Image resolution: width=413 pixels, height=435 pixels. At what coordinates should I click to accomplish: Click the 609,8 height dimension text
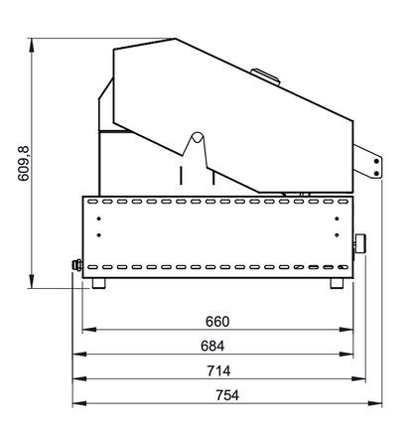coord(24,164)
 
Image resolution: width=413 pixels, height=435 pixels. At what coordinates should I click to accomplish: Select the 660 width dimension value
coord(217,322)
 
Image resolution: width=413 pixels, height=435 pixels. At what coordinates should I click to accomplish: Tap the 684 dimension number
coord(212,346)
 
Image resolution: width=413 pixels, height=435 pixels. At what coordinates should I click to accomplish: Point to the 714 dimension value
coord(218,370)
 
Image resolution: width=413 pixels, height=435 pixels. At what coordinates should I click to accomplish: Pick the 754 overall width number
coord(227,395)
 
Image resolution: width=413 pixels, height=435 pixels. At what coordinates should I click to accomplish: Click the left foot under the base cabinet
coord(98,283)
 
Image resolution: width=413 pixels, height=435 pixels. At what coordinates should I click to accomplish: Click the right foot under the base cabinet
coord(337,283)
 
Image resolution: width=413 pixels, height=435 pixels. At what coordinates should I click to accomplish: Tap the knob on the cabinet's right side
coord(359,244)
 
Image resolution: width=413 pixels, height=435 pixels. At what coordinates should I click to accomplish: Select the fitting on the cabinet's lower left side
coord(77,265)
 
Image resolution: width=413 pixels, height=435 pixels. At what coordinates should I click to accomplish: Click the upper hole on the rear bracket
coord(376,162)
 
